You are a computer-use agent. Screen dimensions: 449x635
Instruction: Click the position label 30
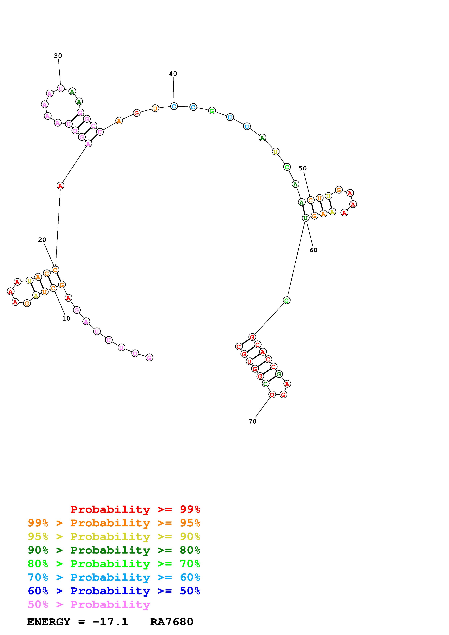[x=58, y=56]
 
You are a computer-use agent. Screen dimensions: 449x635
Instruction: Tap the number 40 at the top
[x=173, y=73]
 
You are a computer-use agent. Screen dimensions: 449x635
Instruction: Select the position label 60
[x=314, y=250]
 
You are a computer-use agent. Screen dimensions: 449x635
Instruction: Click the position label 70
[x=252, y=421]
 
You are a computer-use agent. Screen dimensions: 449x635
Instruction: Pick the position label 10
[x=66, y=319]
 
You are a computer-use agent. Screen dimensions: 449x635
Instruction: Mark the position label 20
[x=42, y=240]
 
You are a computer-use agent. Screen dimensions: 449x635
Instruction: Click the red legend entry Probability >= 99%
[x=135, y=509]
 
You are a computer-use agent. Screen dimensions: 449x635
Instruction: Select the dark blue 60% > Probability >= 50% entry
[x=114, y=591]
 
